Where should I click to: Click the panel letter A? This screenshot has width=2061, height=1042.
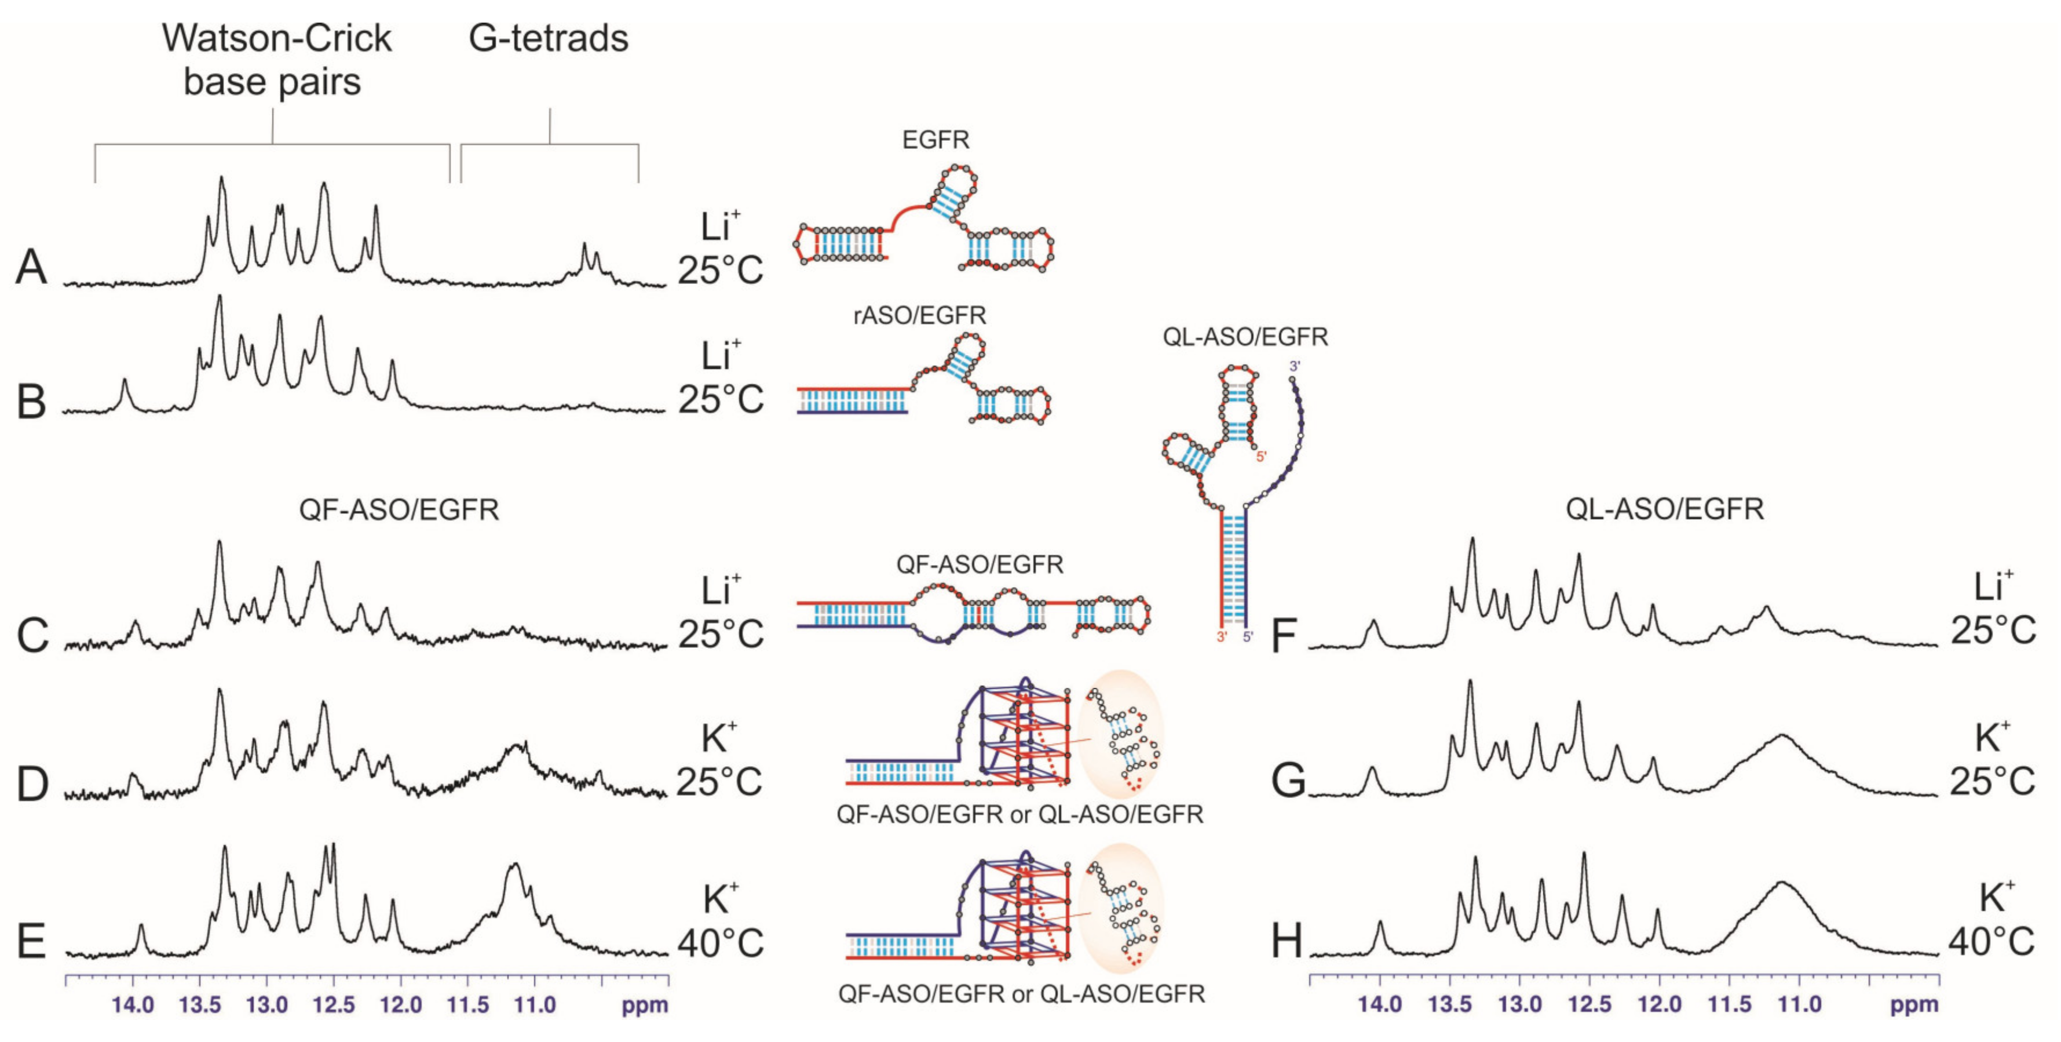coord(31,267)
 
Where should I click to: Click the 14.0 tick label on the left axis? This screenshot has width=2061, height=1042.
coord(133,1004)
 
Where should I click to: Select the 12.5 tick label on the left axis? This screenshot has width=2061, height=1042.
coord(334,1004)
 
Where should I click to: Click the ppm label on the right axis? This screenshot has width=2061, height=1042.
coord(1914,1004)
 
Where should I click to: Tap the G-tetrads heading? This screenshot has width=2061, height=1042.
coord(549,38)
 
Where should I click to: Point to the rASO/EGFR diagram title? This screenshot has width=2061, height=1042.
coord(919,315)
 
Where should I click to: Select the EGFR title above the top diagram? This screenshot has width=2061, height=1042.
coord(936,140)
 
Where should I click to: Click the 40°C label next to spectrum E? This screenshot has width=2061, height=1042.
coord(720,943)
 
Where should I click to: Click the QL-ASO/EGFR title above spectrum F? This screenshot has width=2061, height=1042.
coord(1664,509)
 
